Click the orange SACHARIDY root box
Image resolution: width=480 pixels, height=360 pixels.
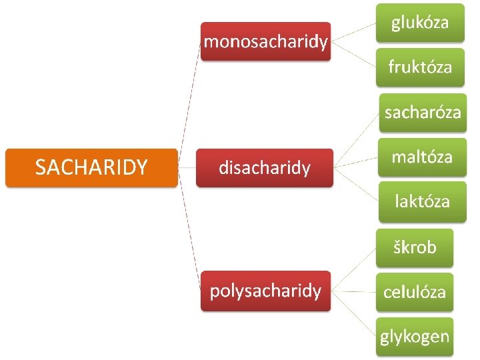(x=91, y=167)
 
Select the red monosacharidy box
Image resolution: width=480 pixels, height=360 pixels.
(x=265, y=42)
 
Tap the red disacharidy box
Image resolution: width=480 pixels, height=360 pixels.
(x=265, y=167)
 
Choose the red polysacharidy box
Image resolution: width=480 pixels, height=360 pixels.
(x=265, y=291)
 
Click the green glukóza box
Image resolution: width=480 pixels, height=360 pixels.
(x=419, y=23)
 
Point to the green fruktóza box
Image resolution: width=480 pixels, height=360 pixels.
(x=419, y=67)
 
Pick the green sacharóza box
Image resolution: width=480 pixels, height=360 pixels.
(x=422, y=112)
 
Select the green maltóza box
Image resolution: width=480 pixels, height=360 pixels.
(x=422, y=157)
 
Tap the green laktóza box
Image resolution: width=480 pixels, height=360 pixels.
(x=422, y=201)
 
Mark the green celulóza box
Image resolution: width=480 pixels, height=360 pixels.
(x=414, y=292)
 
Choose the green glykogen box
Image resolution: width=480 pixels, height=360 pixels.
(x=414, y=337)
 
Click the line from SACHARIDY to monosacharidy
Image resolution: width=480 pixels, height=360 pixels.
(x=190, y=100)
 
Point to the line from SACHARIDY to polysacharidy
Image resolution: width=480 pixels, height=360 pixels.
(x=190, y=230)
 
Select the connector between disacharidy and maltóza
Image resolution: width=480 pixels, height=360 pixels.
(x=355, y=162)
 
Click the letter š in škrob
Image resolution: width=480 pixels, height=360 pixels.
(x=397, y=247)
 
